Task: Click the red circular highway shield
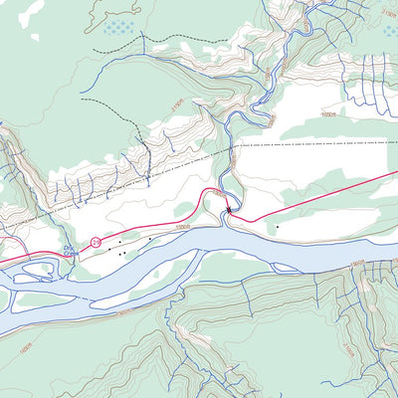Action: tap(96, 242)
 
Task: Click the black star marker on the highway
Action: tap(230, 209)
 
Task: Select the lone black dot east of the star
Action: tap(277, 227)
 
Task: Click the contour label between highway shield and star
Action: tap(180, 227)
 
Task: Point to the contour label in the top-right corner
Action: tap(387, 11)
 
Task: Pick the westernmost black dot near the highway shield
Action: tap(110, 248)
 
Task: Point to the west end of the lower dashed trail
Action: tap(83, 100)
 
